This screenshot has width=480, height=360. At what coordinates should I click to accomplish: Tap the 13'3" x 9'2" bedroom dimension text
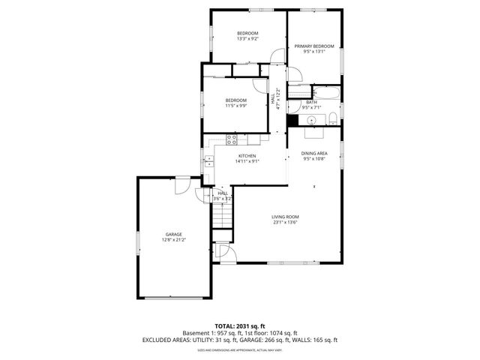pos(247,39)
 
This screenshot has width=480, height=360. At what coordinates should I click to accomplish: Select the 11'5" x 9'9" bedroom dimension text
pos(235,106)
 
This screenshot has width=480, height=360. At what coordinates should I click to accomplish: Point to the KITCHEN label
pos(247,155)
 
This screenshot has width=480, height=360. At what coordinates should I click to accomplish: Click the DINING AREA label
pos(315,153)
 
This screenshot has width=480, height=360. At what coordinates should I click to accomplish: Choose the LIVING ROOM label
pos(285,217)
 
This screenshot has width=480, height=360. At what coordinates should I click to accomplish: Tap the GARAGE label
pos(174,234)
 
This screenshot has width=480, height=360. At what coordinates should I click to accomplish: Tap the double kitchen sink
pos(209,161)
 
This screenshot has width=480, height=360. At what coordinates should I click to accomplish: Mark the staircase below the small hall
pos(222,217)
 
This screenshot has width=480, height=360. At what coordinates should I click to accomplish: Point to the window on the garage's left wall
pos(136,241)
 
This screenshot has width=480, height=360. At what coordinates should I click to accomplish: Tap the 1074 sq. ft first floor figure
pos(283,333)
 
